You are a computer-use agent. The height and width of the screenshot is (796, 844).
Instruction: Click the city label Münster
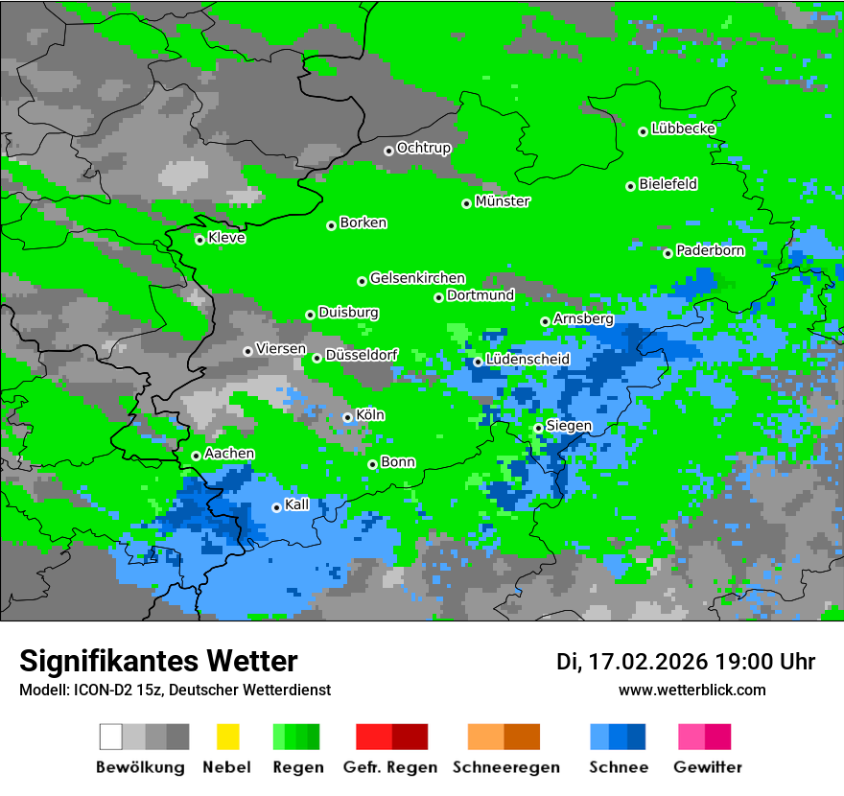[x=503, y=201]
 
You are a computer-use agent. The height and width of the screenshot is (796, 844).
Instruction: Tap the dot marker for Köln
[x=347, y=417]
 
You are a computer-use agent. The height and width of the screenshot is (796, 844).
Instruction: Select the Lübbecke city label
[x=683, y=129]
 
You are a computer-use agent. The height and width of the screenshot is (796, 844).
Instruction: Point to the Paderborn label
[x=710, y=250]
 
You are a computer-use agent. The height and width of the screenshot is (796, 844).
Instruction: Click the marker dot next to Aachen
[x=196, y=456]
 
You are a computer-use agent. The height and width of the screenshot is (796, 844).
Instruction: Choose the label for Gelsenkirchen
[x=417, y=278]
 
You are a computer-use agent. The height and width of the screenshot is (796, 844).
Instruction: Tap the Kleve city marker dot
[x=199, y=240]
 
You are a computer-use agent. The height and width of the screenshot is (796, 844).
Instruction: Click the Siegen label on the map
[x=569, y=426]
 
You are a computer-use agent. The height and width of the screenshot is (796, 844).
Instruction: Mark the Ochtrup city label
[x=423, y=148]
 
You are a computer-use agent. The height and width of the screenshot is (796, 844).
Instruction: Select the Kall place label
[x=297, y=504]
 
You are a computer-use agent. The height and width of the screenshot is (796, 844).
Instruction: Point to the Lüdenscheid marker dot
[x=478, y=362]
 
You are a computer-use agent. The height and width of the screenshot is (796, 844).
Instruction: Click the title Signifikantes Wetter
[x=158, y=661]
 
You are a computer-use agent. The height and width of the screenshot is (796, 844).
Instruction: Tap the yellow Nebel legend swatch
[x=227, y=737]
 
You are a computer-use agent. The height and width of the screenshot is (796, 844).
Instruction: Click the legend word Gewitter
[x=707, y=767]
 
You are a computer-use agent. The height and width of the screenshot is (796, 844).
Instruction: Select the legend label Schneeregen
[x=505, y=767]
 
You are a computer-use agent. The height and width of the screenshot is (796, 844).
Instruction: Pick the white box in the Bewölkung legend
[x=110, y=737]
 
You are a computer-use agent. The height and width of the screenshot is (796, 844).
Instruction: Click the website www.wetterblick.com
[x=692, y=690]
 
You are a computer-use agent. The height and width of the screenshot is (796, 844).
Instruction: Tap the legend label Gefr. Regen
[x=389, y=767]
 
